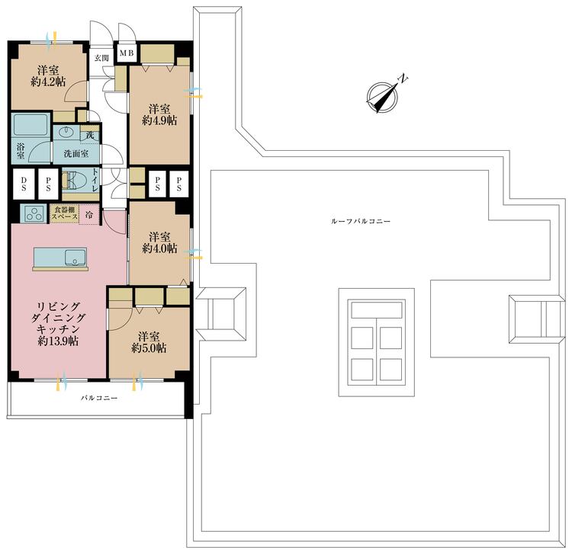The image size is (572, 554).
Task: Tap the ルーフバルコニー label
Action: [362, 221]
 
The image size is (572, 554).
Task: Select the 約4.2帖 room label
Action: [48, 81]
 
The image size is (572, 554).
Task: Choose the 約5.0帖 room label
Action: [148, 348]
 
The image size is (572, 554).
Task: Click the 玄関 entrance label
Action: [101, 58]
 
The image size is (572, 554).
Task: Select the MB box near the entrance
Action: [127, 53]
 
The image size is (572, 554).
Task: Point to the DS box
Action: [24, 184]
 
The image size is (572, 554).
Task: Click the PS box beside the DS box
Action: [48, 184]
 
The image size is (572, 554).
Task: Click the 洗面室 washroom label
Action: [76, 153]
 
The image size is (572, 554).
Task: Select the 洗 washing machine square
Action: [90, 136]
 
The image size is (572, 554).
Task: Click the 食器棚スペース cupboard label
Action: [65, 214]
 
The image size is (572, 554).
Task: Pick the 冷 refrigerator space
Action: [90, 215]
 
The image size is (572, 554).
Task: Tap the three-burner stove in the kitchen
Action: [34, 213]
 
